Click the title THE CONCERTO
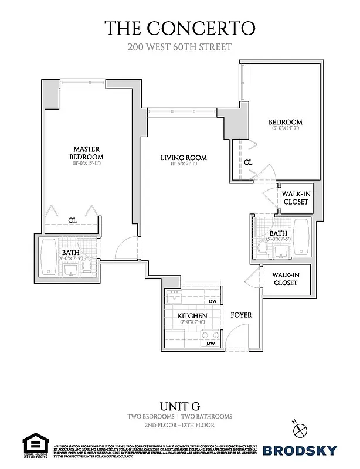tap(180, 28)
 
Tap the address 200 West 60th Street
tap(180, 47)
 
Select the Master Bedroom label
tap(86, 153)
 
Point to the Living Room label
tap(184, 158)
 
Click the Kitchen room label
tap(192, 317)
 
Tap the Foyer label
tap(241, 315)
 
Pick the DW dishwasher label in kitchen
tap(212, 301)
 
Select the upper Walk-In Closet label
tap(295, 198)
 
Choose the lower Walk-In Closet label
tap(285, 278)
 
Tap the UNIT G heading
tap(180, 406)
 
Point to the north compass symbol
tap(300, 428)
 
